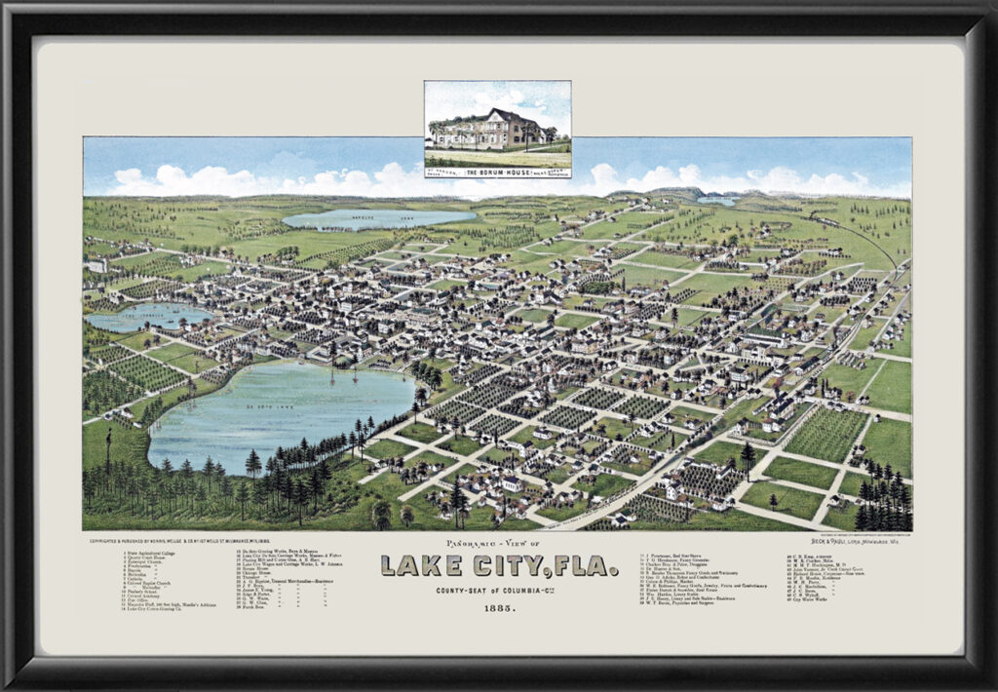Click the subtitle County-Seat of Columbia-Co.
498,590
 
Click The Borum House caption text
497,172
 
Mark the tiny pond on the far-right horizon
717,201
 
